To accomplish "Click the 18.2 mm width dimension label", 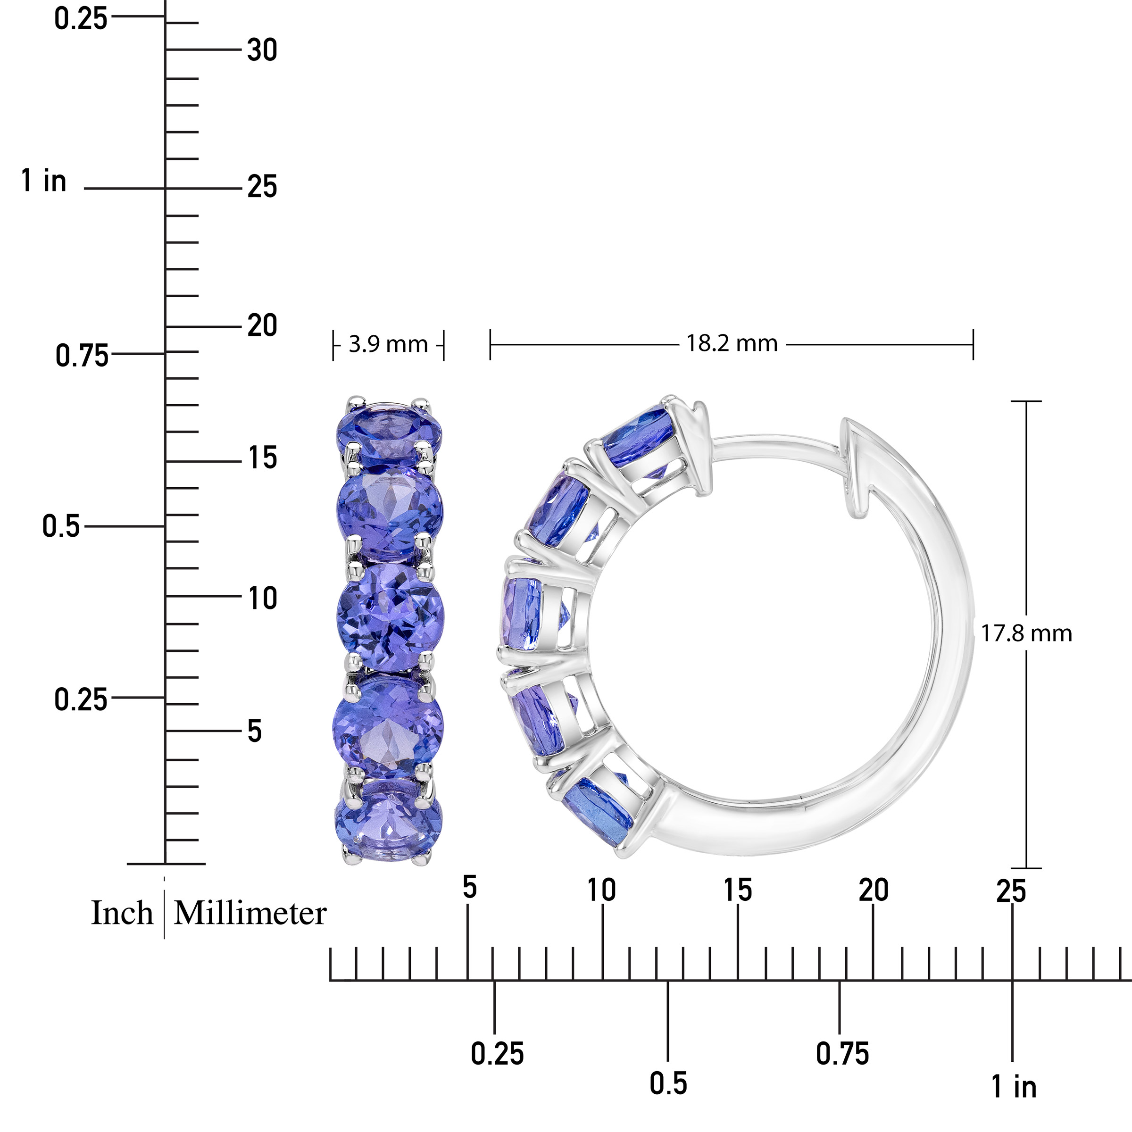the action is click(732, 343).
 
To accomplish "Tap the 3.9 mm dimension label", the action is click(388, 344).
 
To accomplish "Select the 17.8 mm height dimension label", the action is click(1026, 633).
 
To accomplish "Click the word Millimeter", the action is click(250, 914).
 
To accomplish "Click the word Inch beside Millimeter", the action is click(122, 914).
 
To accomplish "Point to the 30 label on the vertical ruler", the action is click(262, 50).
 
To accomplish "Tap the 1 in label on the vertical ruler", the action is click(44, 181).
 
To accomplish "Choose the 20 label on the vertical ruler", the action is click(262, 326).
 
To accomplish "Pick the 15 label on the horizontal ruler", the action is click(738, 891).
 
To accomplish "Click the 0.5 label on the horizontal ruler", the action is click(668, 1083).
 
